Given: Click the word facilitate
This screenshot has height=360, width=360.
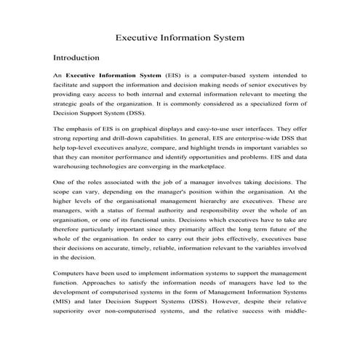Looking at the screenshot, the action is point(71,84).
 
